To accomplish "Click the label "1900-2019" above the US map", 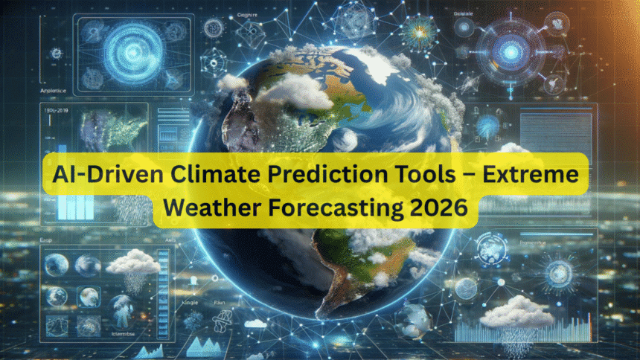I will pos(54,109).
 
